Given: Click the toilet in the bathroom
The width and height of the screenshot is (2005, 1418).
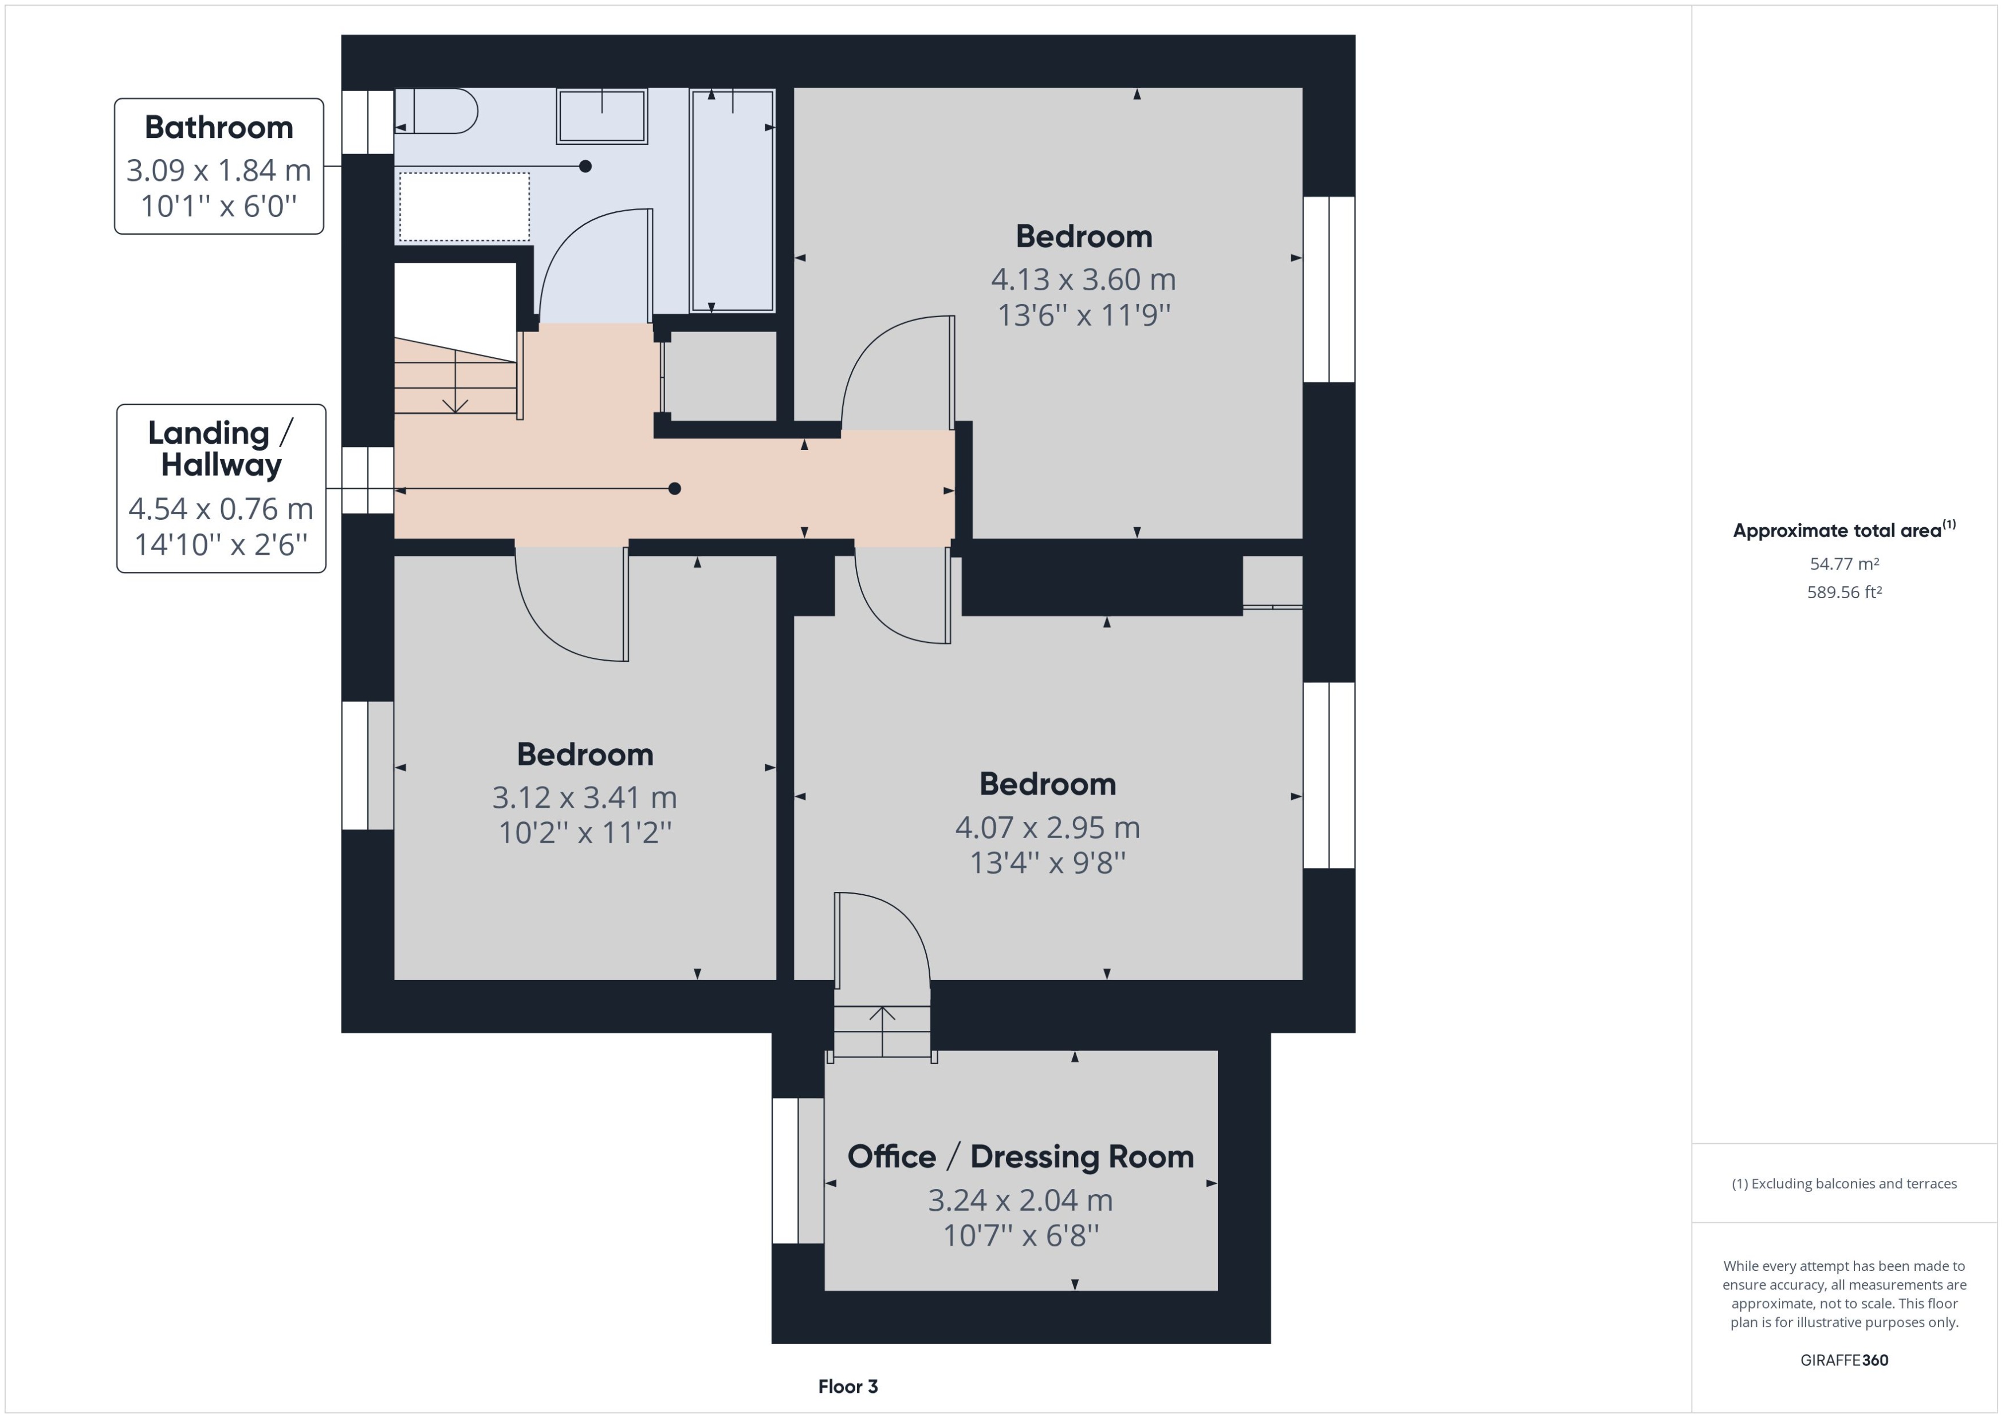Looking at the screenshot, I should (437, 112).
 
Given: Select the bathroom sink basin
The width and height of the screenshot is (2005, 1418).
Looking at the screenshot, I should (602, 116).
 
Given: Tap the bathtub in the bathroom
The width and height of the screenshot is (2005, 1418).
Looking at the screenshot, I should (732, 201).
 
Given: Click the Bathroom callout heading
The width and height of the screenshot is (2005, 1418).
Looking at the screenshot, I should (218, 128).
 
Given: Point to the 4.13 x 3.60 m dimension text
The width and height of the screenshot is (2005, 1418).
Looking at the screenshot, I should (1083, 279).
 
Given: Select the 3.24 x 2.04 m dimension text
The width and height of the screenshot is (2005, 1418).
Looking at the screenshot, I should (1020, 1200).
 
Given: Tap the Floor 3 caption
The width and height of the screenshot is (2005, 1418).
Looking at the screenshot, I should (847, 1387).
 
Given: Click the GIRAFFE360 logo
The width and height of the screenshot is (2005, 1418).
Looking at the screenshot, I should (1844, 1360).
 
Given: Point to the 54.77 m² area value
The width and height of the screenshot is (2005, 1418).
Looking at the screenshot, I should (1844, 564).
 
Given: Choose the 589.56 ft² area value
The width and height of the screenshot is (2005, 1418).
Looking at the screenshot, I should (1844, 592).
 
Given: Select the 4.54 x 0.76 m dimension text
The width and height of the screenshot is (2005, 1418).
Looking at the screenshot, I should (221, 508).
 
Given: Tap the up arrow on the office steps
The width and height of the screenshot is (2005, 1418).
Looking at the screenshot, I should (882, 1014).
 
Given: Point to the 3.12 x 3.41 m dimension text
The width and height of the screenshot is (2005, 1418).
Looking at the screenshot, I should (584, 797).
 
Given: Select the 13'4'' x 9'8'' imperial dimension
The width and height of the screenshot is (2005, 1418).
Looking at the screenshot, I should (1048, 863).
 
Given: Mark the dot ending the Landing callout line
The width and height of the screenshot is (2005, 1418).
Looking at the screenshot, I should (674, 489).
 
